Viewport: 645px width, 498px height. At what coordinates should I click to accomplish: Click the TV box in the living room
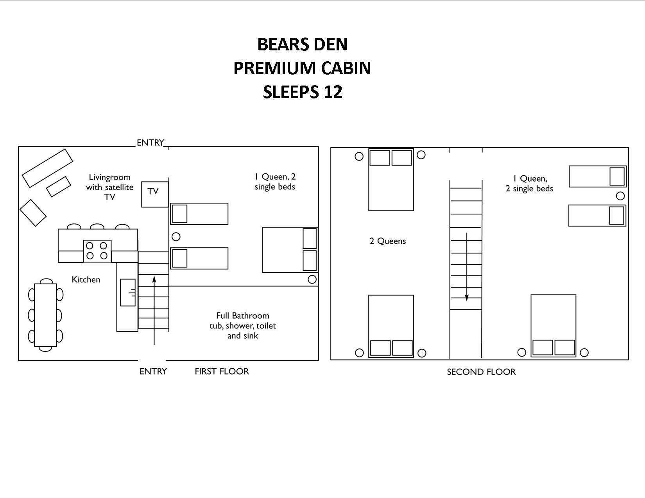point(155,194)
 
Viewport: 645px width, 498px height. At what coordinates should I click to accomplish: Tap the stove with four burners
point(97,251)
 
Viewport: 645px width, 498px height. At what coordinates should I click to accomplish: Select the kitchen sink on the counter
point(128,293)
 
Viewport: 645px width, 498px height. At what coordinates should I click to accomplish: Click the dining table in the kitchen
point(45,315)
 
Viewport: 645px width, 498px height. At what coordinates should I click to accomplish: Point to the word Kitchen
point(86,280)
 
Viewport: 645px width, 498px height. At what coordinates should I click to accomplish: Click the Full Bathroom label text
point(242,316)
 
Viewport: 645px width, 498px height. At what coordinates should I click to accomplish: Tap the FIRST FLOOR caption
point(222,371)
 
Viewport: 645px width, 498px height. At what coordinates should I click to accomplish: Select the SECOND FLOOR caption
point(481,372)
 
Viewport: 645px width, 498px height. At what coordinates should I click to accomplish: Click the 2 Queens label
point(388,241)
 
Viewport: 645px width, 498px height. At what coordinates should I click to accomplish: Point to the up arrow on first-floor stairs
point(154,311)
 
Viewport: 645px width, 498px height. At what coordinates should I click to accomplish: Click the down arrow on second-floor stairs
point(467,267)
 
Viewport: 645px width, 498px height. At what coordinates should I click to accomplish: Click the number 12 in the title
point(333,92)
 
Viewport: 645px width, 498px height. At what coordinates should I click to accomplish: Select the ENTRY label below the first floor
point(153,371)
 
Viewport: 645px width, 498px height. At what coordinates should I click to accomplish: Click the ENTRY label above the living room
point(150,143)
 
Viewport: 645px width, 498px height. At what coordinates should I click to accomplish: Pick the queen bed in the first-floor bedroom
point(290,250)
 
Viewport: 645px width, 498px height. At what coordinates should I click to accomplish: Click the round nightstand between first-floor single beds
point(176,237)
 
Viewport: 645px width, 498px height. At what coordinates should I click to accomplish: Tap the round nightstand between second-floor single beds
point(620,196)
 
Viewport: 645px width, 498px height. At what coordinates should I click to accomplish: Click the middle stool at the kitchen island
point(97,227)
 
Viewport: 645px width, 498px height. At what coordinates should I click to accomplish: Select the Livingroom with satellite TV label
point(109,187)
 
